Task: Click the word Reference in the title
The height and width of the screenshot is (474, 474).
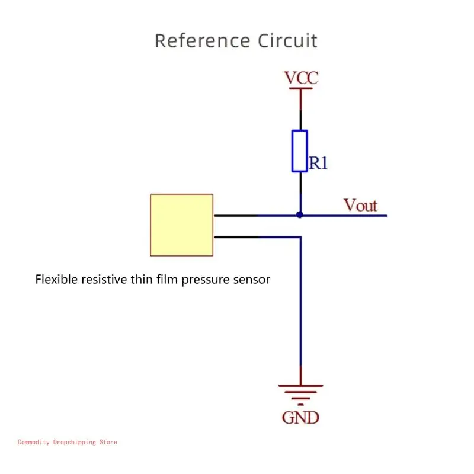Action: click(x=202, y=41)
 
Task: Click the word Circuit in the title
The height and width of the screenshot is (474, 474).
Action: click(x=287, y=41)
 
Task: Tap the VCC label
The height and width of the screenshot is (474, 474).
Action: click(x=300, y=78)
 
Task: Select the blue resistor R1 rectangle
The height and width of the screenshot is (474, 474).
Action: click(x=300, y=151)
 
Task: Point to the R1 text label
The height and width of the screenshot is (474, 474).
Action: click(x=318, y=164)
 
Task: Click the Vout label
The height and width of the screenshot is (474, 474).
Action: click(x=360, y=205)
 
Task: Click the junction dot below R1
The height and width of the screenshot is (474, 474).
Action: click(x=300, y=215)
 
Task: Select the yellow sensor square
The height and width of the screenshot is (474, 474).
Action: click(x=181, y=225)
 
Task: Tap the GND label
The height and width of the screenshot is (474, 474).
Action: click(x=300, y=417)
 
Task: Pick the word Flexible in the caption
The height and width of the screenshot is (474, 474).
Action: click(x=57, y=279)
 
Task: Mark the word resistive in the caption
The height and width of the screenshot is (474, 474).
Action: click(x=104, y=279)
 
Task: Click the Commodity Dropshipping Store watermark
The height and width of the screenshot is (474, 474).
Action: click(x=68, y=442)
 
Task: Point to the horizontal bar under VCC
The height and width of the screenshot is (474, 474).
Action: click(x=300, y=89)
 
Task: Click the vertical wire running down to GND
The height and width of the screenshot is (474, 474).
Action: click(x=300, y=308)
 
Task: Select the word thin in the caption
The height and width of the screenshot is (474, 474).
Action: click(x=142, y=279)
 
